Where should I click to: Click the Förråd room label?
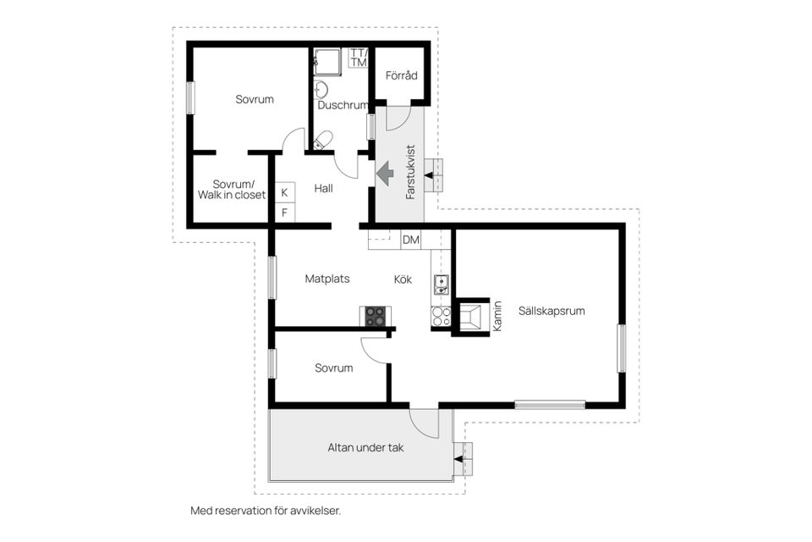401,76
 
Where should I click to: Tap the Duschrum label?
343,106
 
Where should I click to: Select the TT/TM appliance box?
358,58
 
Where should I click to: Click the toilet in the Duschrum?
321,141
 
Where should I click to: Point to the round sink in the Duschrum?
321,89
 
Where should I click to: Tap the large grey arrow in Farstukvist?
384,174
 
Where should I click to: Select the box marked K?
284,192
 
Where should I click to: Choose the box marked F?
284,213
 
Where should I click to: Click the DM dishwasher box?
410,241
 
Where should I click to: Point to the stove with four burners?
374,316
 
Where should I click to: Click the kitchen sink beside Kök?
442,285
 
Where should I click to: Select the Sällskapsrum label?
553,311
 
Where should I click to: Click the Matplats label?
327,279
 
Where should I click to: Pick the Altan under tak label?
365,447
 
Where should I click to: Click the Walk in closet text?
232,195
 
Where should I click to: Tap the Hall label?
323,188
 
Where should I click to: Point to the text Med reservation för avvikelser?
266,511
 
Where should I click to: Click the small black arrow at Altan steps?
458,458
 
